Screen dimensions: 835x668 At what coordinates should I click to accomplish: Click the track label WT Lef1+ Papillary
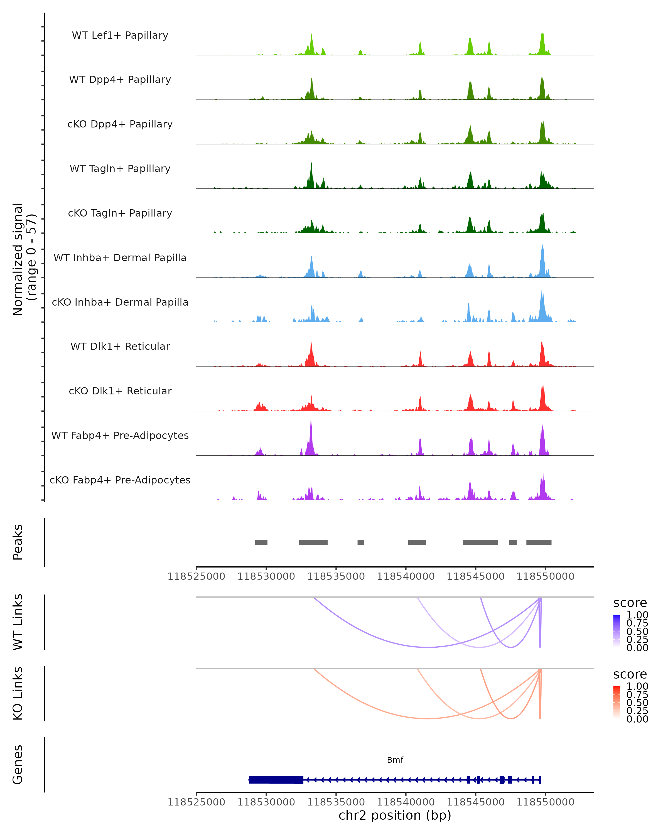tap(120, 35)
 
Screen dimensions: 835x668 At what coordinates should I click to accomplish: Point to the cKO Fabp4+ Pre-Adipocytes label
tap(120, 480)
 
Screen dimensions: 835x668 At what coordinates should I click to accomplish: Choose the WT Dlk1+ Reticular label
tap(120, 346)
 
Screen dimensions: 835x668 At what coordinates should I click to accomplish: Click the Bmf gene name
tap(395, 760)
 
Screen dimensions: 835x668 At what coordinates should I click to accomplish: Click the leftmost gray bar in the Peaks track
tap(261, 542)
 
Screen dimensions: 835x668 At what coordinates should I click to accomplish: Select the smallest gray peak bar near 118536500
tap(360, 542)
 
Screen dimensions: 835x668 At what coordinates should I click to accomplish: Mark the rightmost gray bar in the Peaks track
tap(539, 542)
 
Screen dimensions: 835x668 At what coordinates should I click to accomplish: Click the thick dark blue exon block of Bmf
tap(276, 780)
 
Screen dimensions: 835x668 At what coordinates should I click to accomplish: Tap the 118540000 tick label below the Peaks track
tap(406, 576)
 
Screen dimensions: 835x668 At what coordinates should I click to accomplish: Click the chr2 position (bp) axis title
tap(395, 815)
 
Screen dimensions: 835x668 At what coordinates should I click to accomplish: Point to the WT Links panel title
tap(18, 622)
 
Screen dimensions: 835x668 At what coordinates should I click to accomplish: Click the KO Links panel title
tap(18, 693)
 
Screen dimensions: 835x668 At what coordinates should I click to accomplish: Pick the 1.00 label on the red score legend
tap(637, 686)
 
